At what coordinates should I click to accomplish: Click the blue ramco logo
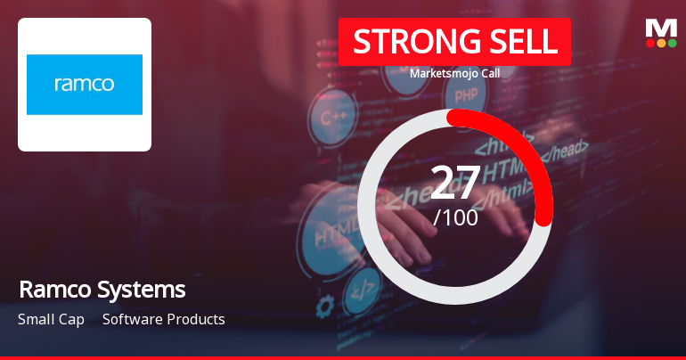tap(85, 85)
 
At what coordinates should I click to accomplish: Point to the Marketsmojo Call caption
tap(454, 73)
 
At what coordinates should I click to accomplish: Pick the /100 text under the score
tap(455, 217)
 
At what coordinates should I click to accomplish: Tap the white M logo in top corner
tap(661, 27)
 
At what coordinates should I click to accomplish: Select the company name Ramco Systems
tap(102, 290)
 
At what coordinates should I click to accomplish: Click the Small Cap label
tap(51, 319)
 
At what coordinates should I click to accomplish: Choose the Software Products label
tap(164, 319)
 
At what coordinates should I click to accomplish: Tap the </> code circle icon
tap(361, 287)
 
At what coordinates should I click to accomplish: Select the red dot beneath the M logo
tap(649, 43)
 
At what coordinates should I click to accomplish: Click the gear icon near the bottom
tap(325, 306)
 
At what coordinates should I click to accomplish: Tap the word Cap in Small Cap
tap(73, 319)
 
